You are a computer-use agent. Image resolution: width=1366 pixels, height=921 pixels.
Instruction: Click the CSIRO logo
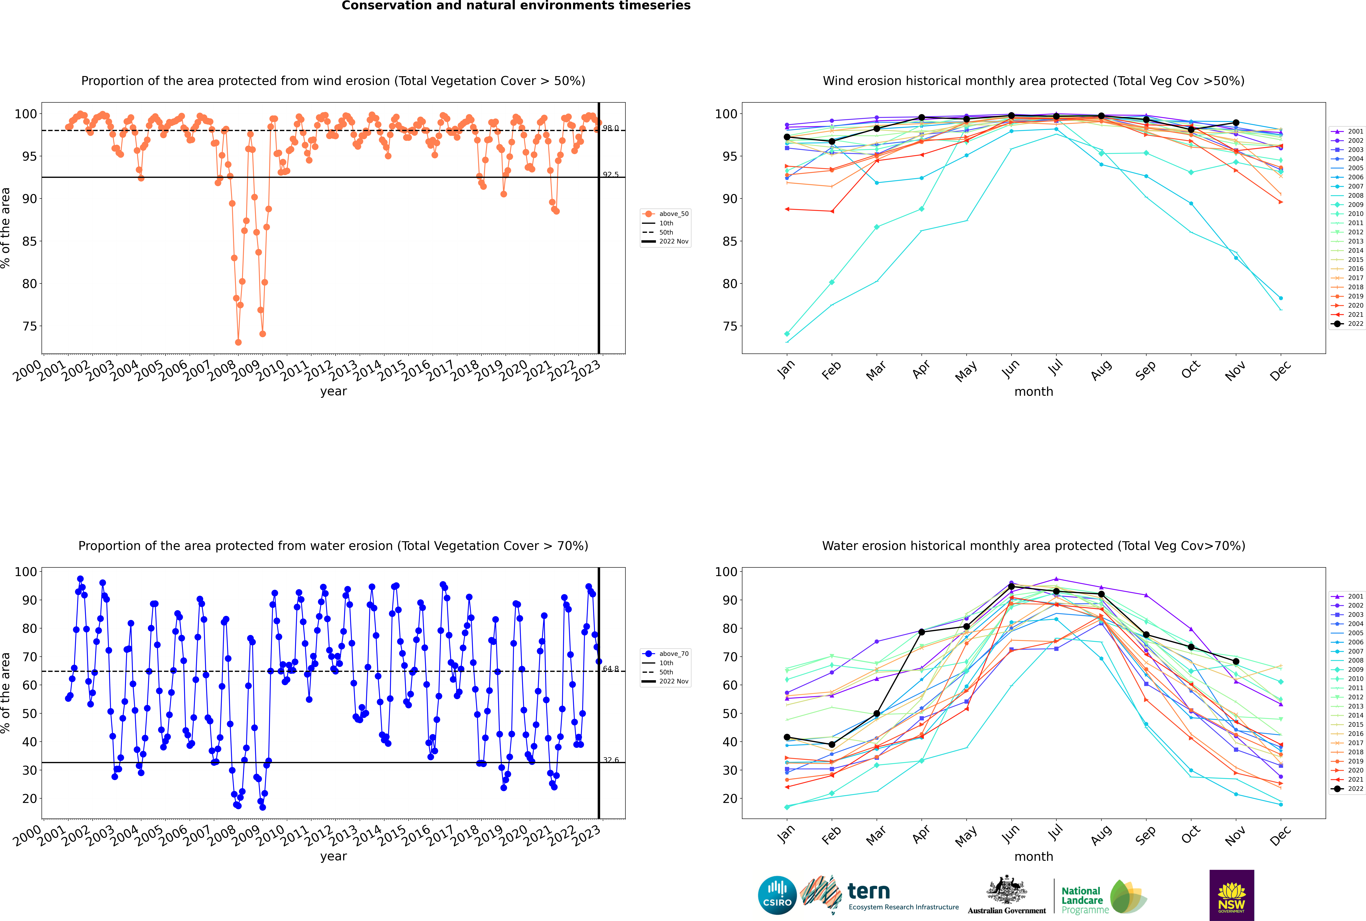pyautogui.click(x=777, y=895)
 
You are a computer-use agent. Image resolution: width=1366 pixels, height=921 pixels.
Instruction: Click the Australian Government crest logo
pyautogui.click(x=1007, y=895)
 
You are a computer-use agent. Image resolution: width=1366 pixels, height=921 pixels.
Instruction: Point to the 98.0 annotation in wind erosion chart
pyautogui.click(x=610, y=128)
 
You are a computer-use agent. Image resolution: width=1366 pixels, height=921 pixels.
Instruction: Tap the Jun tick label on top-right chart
pyautogui.click(x=1010, y=369)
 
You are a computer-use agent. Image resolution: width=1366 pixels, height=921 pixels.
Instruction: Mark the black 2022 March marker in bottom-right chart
pyautogui.click(x=877, y=714)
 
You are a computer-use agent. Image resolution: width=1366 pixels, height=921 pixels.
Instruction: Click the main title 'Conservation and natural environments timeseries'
pyautogui.click(x=516, y=6)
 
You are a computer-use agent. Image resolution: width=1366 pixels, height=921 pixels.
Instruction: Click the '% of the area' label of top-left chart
pyautogui.click(x=6, y=228)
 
